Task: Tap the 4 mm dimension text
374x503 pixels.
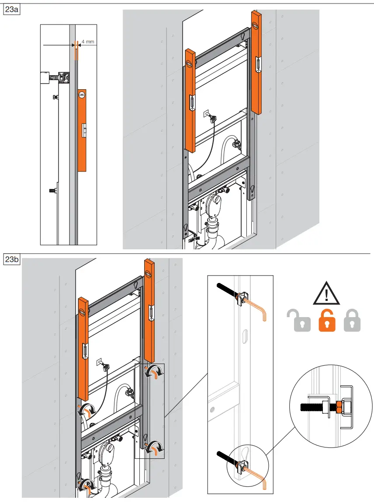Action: (x=88, y=42)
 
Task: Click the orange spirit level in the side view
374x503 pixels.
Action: (x=82, y=130)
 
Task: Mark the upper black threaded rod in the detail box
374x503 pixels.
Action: (x=227, y=290)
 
